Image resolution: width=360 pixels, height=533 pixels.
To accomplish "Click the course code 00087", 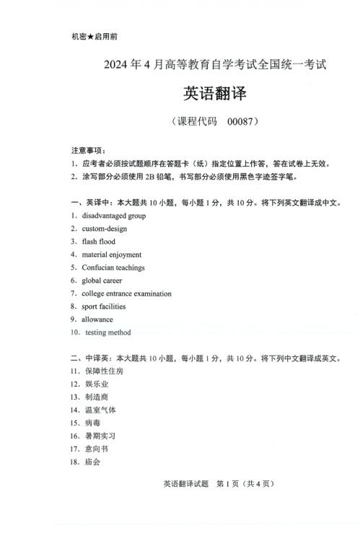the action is (x=241, y=122).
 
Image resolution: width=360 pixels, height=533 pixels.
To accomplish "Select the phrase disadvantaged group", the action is (x=114, y=216).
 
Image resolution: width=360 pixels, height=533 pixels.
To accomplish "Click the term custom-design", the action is (x=105, y=229).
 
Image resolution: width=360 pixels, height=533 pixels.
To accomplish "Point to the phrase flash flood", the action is (x=99, y=242).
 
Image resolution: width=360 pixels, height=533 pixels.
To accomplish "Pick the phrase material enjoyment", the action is (x=112, y=255).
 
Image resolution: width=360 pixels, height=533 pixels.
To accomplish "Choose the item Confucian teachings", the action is (x=113, y=268).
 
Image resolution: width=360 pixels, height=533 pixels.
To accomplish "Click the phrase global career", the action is (x=102, y=281).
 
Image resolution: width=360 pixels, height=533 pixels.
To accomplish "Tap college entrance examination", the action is (x=127, y=294).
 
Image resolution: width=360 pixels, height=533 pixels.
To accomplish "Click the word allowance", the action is (x=97, y=320).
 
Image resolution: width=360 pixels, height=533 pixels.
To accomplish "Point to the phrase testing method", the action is (x=108, y=332).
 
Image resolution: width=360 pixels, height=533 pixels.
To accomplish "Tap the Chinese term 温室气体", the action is (x=100, y=410).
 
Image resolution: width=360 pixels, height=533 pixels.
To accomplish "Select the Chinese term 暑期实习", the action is (x=100, y=436).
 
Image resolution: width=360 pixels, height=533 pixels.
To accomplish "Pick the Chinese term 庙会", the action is (x=92, y=462).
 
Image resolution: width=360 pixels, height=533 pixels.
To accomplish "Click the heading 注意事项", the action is (x=87, y=151).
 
